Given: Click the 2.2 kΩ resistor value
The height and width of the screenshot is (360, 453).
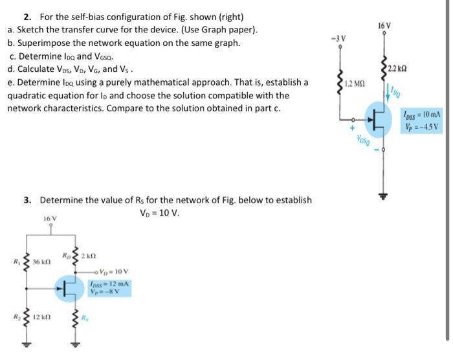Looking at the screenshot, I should [397, 68].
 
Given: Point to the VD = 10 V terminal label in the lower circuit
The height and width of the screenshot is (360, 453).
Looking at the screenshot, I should [113, 271].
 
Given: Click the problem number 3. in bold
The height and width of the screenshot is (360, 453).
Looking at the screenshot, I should [28, 200].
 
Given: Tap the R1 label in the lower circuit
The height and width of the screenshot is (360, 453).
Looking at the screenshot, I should [16, 261].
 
